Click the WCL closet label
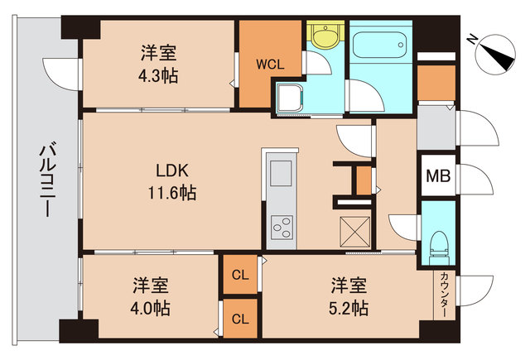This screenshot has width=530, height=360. coord(270,63)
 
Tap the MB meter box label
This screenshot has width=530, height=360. coord(436,175)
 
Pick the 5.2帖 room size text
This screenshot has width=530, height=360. coord(349,309)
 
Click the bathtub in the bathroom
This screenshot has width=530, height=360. coord(379,41)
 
